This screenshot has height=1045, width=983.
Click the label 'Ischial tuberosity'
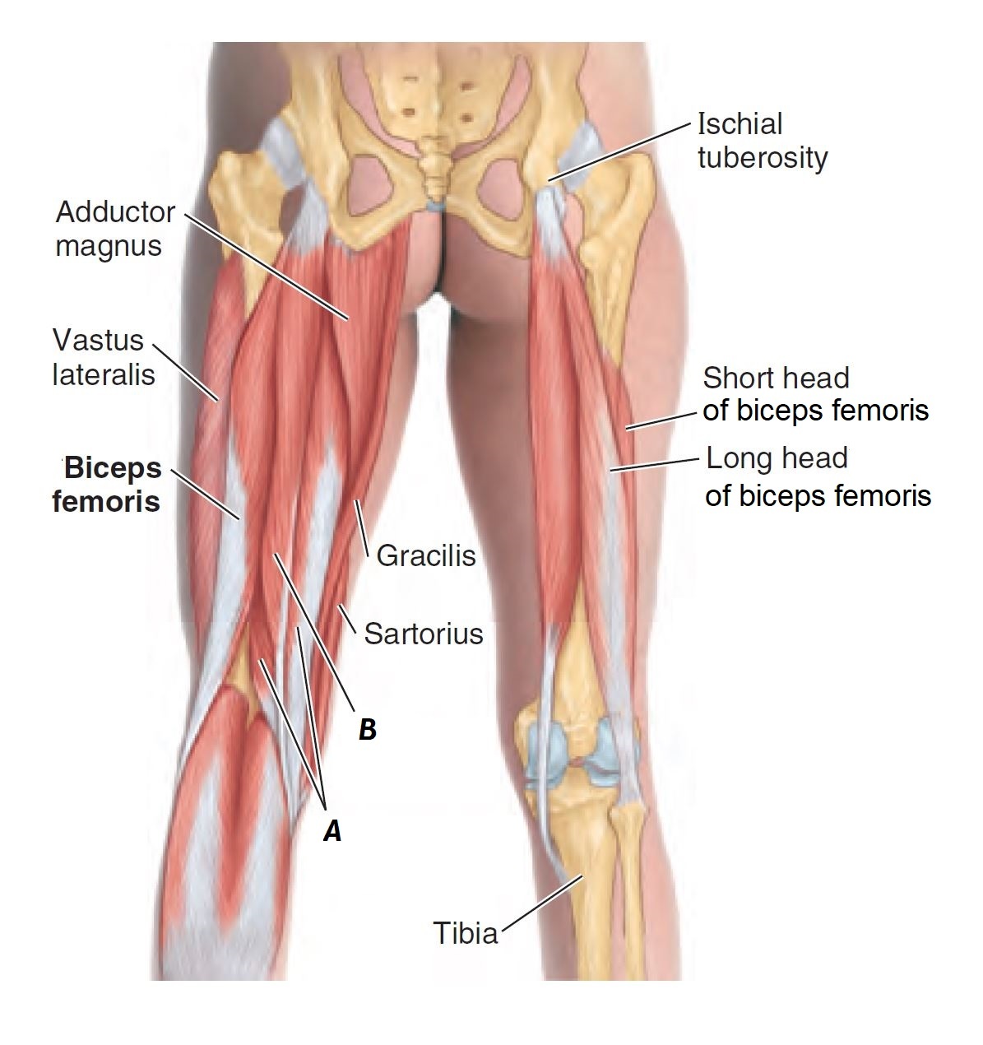[x=762, y=140]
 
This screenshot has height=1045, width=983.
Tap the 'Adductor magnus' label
[x=114, y=228]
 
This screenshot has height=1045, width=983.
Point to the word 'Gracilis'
[x=425, y=555]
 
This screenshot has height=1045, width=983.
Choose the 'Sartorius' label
[x=423, y=633]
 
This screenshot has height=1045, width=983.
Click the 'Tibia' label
[x=465, y=933]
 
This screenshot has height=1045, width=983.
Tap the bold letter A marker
[x=332, y=831]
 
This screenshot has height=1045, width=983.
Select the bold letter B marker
[x=367, y=728]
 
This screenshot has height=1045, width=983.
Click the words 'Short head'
[x=775, y=378]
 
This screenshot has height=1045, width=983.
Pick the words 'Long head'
[x=777, y=457]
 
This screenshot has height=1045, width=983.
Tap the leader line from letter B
[x=313, y=629]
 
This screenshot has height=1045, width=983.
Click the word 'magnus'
[x=109, y=244]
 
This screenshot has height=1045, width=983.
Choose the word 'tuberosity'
[x=762, y=156]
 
